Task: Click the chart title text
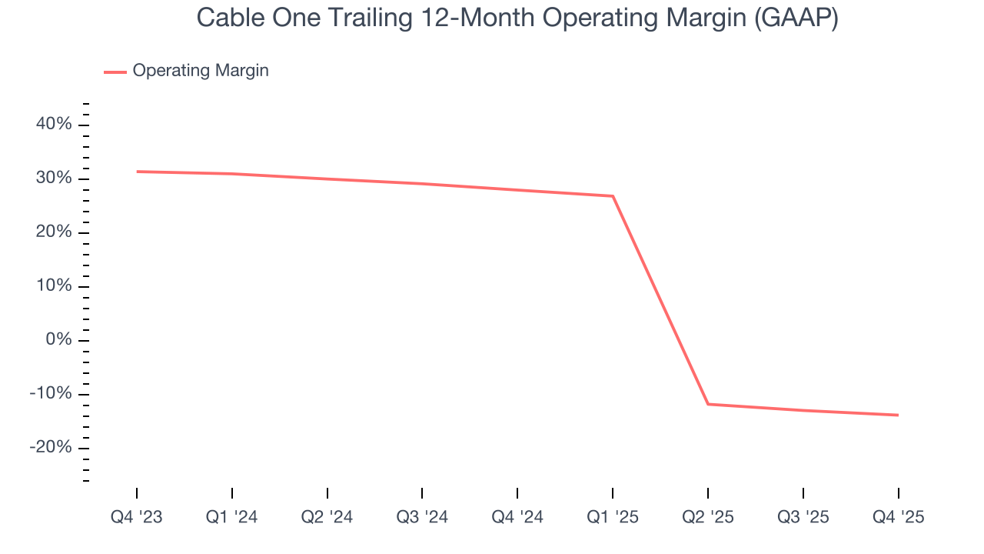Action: click(x=517, y=18)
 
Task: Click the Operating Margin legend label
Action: click(x=201, y=71)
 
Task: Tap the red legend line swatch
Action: click(x=115, y=72)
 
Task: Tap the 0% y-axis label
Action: click(x=58, y=340)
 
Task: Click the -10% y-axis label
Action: click(x=51, y=394)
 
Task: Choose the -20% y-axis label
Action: click(x=51, y=448)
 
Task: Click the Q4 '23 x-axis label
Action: click(x=137, y=517)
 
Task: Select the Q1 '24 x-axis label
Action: click(x=232, y=517)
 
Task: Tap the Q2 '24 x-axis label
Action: click(x=327, y=517)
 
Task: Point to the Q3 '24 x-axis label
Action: click(x=422, y=517)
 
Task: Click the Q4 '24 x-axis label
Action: click(x=517, y=517)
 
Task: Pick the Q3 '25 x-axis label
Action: click(x=803, y=517)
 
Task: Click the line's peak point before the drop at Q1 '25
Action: click(x=613, y=196)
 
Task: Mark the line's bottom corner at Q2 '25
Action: click(x=708, y=404)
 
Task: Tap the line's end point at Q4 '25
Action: click(x=898, y=415)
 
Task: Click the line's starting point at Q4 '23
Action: click(x=138, y=172)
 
